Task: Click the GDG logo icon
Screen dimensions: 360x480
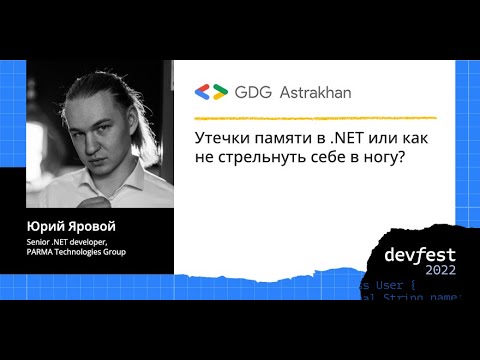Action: [212, 91]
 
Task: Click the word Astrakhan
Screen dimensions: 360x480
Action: [309, 91]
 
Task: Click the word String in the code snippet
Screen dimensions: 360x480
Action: [404, 297]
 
